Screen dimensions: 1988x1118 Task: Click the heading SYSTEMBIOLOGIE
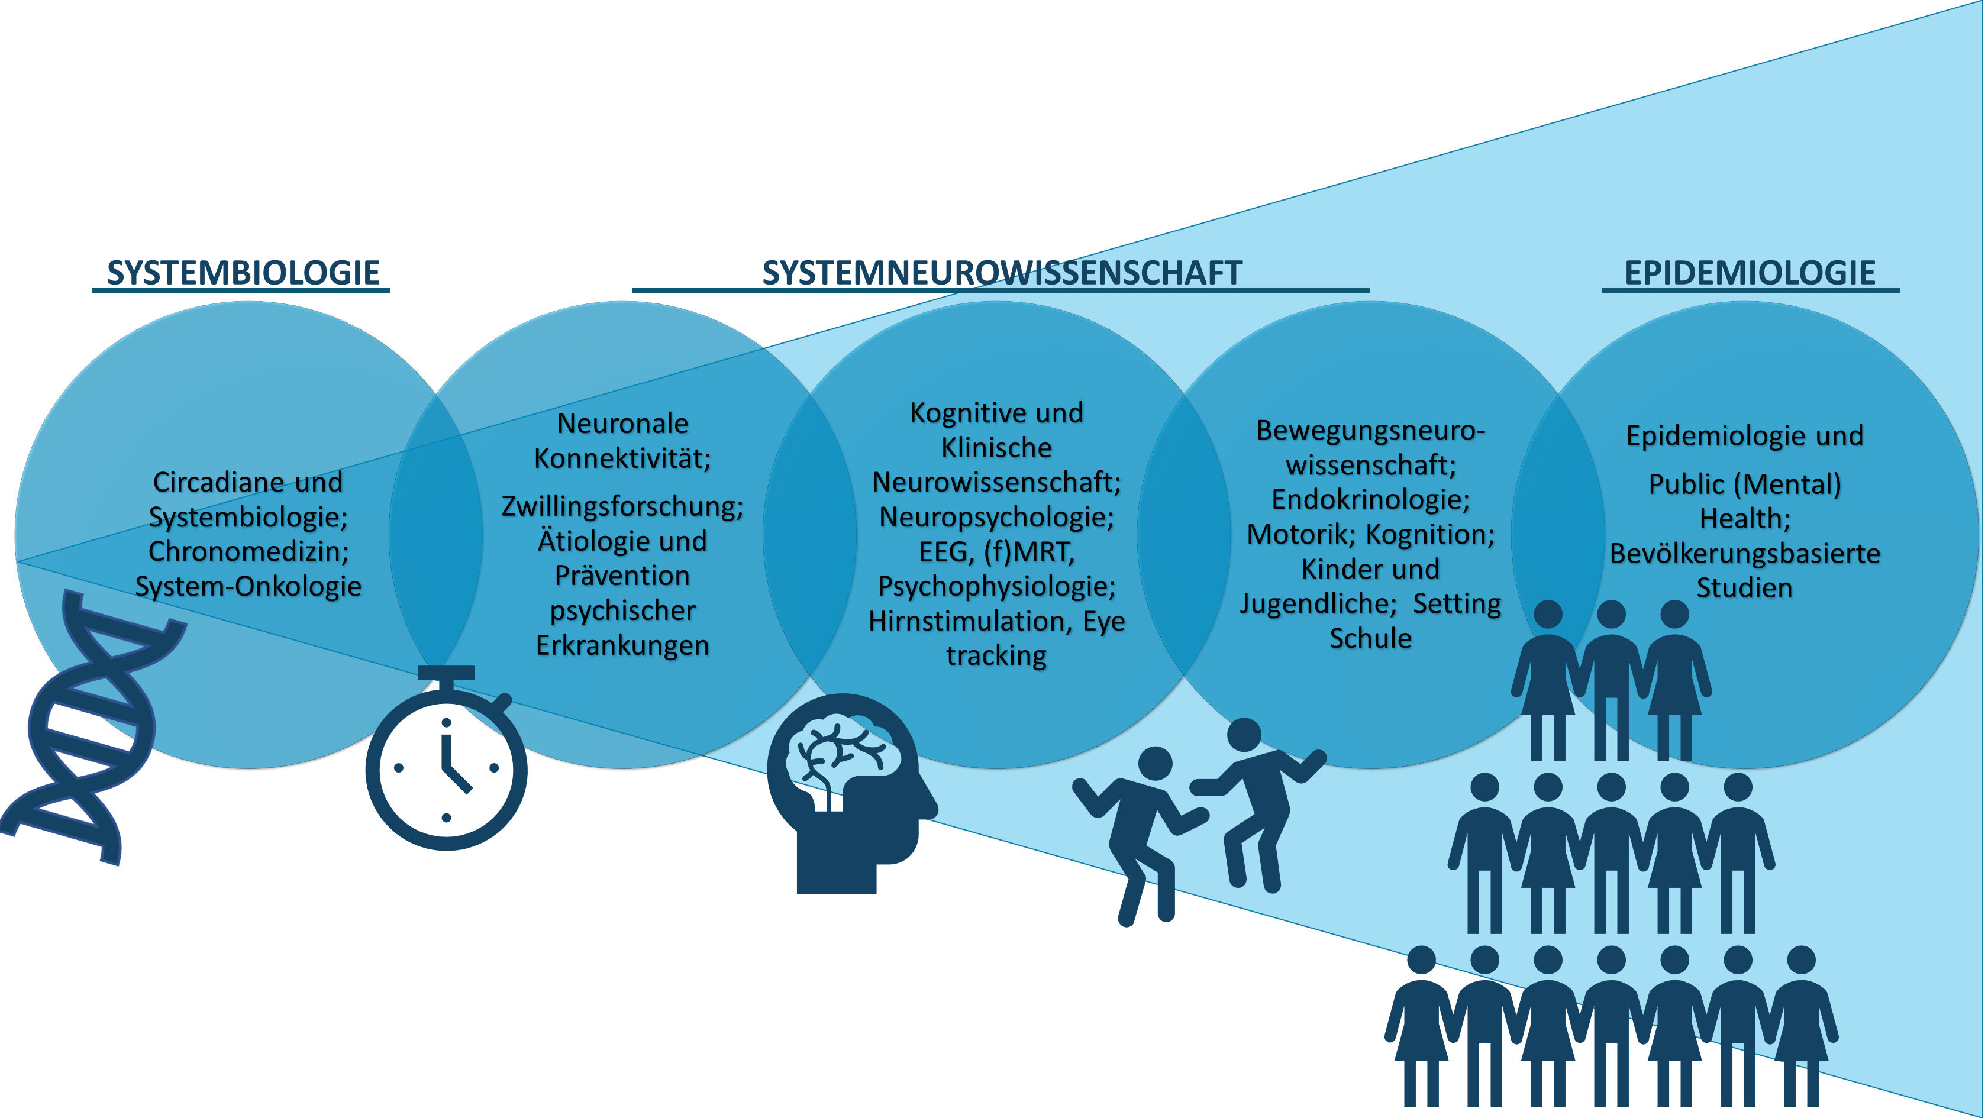(x=243, y=273)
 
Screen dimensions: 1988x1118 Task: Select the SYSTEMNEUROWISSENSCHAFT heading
(x=1002, y=273)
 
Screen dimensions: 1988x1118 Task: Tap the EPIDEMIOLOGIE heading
(x=1750, y=273)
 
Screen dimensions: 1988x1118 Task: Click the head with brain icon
(x=852, y=793)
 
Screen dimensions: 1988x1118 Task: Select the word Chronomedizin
(x=248, y=552)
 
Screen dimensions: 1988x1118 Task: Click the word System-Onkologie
(x=248, y=586)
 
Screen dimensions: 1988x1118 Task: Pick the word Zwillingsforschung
(x=622, y=507)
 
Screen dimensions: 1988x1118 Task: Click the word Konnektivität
(x=622, y=458)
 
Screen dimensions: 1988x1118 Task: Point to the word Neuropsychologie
(x=996, y=517)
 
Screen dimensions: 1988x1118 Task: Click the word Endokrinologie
(x=1371, y=500)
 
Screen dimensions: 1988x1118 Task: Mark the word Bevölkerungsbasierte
(x=1744, y=554)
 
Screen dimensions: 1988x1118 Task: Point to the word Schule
(x=1371, y=639)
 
